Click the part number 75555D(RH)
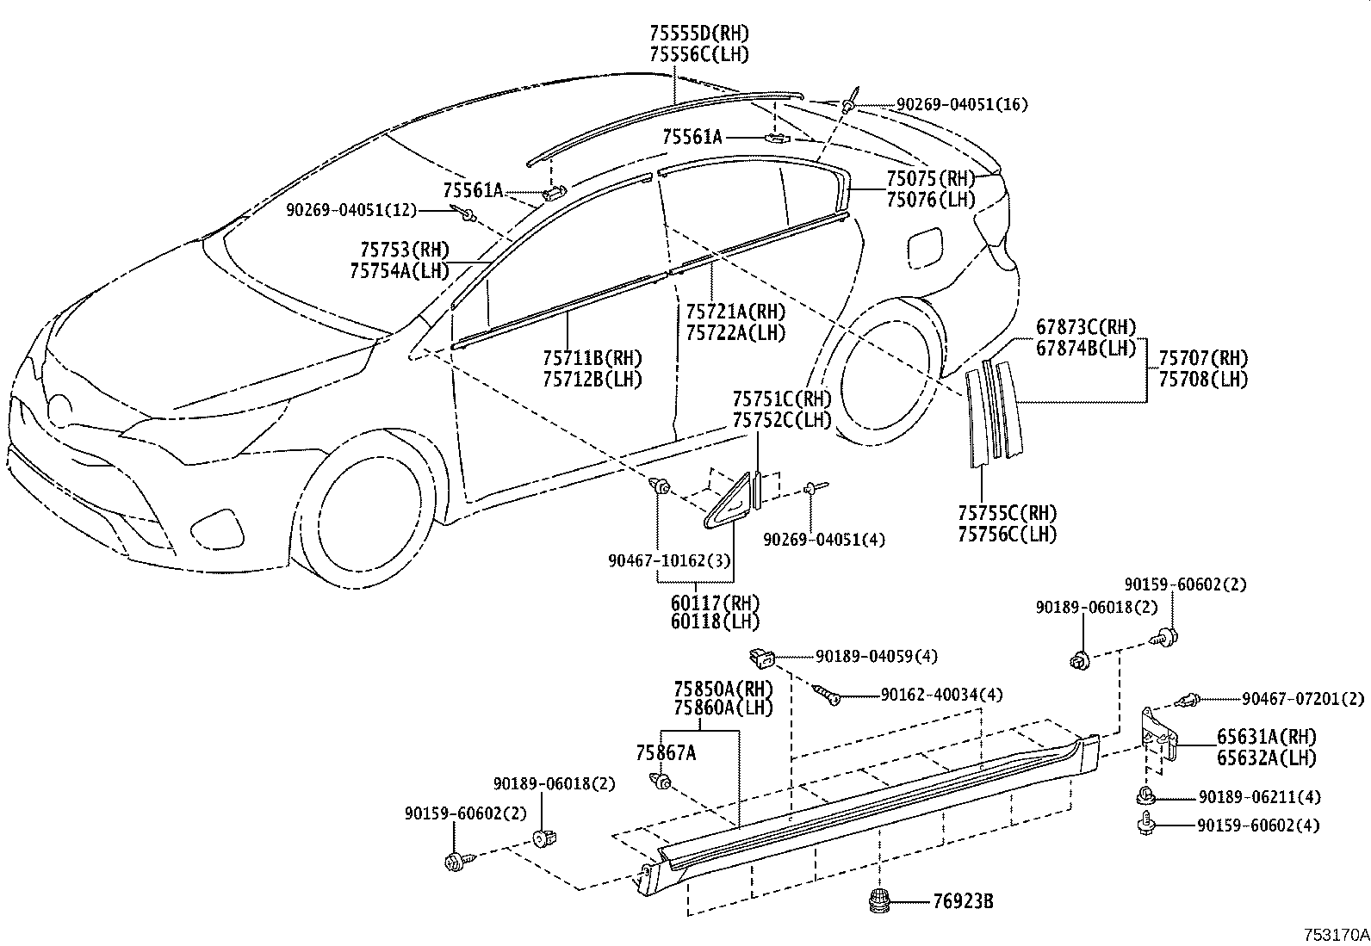tap(699, 34)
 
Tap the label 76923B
tap(963, 901)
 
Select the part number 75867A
tap(666, 753)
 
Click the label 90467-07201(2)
tap(1303, 698)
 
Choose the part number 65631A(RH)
tap(1267, 737)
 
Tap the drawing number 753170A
tap(1335, 934)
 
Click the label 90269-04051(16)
tap(962, 105)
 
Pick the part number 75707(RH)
tap(1202, 358)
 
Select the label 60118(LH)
tap(715, 621)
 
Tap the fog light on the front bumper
tap(211, 524)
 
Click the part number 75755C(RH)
tap(1007, 514)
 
